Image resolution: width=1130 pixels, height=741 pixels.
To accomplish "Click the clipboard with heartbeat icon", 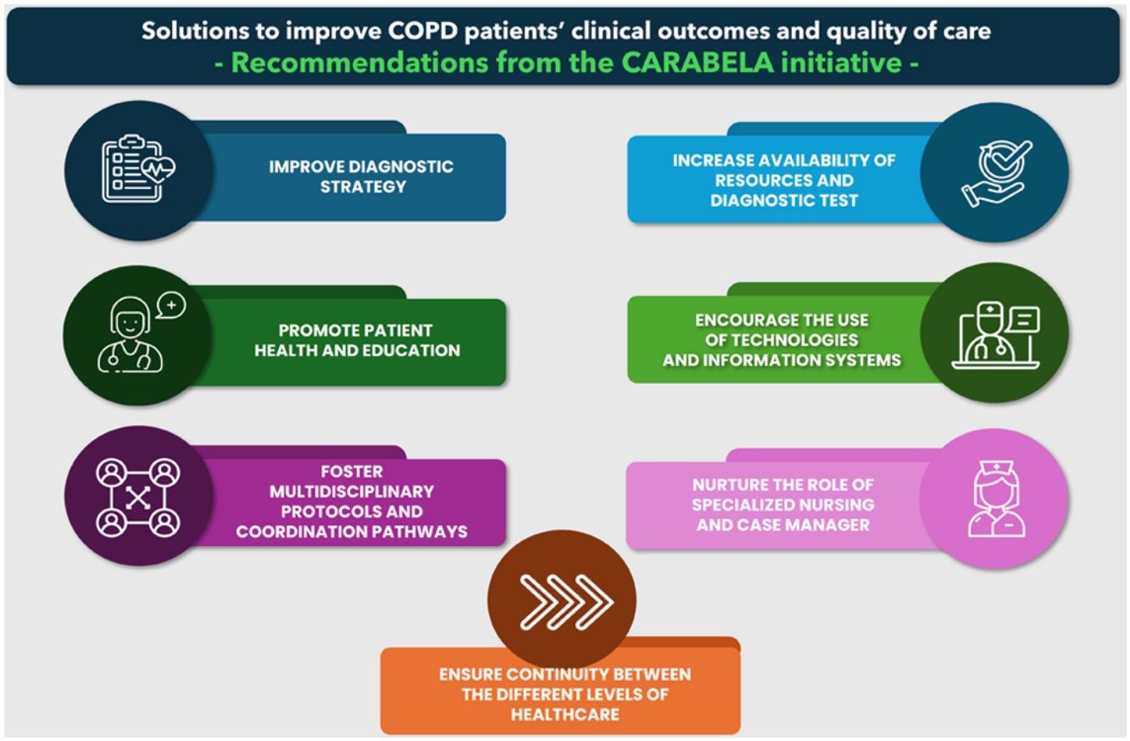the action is click(138, 169).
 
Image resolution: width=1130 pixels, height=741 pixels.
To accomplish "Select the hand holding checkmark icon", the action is click(996, 174).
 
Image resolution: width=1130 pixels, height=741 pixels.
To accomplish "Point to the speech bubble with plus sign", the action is click(170, 305).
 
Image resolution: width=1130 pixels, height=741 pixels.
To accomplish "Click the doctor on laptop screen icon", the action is click(995, 336).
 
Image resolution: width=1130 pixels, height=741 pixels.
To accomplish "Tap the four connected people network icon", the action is click(137, 498).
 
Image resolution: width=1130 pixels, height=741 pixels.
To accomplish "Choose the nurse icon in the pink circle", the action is click(996, 499).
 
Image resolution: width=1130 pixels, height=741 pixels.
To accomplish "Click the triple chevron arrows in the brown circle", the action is click(566, 602).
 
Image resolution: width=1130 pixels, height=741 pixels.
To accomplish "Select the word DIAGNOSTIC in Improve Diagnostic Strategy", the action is click(400, 167).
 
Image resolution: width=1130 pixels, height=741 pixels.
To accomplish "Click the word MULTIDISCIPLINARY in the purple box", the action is click(352, 491).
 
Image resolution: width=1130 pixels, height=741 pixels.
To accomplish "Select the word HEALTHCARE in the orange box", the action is click(565, 714).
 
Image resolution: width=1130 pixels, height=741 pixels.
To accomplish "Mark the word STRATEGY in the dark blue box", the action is click(363, 187).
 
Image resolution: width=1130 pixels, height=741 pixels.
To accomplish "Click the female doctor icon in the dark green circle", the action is click(131, 336).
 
